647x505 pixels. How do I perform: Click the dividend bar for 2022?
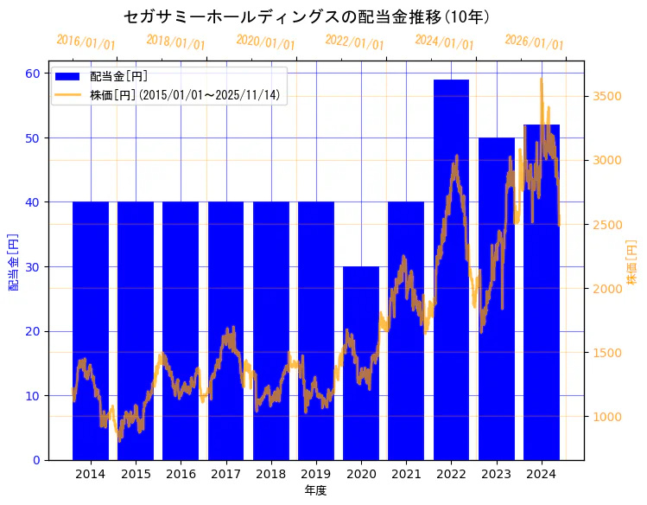coord(451,269)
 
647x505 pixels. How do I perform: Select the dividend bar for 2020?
coord(361,363)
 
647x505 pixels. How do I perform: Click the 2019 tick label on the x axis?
coord(315,474)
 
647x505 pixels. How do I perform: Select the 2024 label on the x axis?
coord(541,474)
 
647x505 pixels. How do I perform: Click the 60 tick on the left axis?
coord(34,74)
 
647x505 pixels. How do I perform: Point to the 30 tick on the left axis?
coord(34,266)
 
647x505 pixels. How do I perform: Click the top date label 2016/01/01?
coord(86,42)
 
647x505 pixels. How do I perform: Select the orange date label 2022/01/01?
coord(355,42)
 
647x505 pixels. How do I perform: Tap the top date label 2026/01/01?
coord(534,42)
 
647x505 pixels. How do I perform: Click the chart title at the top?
coord(307,16)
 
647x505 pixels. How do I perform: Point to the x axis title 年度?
coord(315,490)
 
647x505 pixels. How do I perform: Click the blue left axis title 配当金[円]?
coord(13,261)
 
